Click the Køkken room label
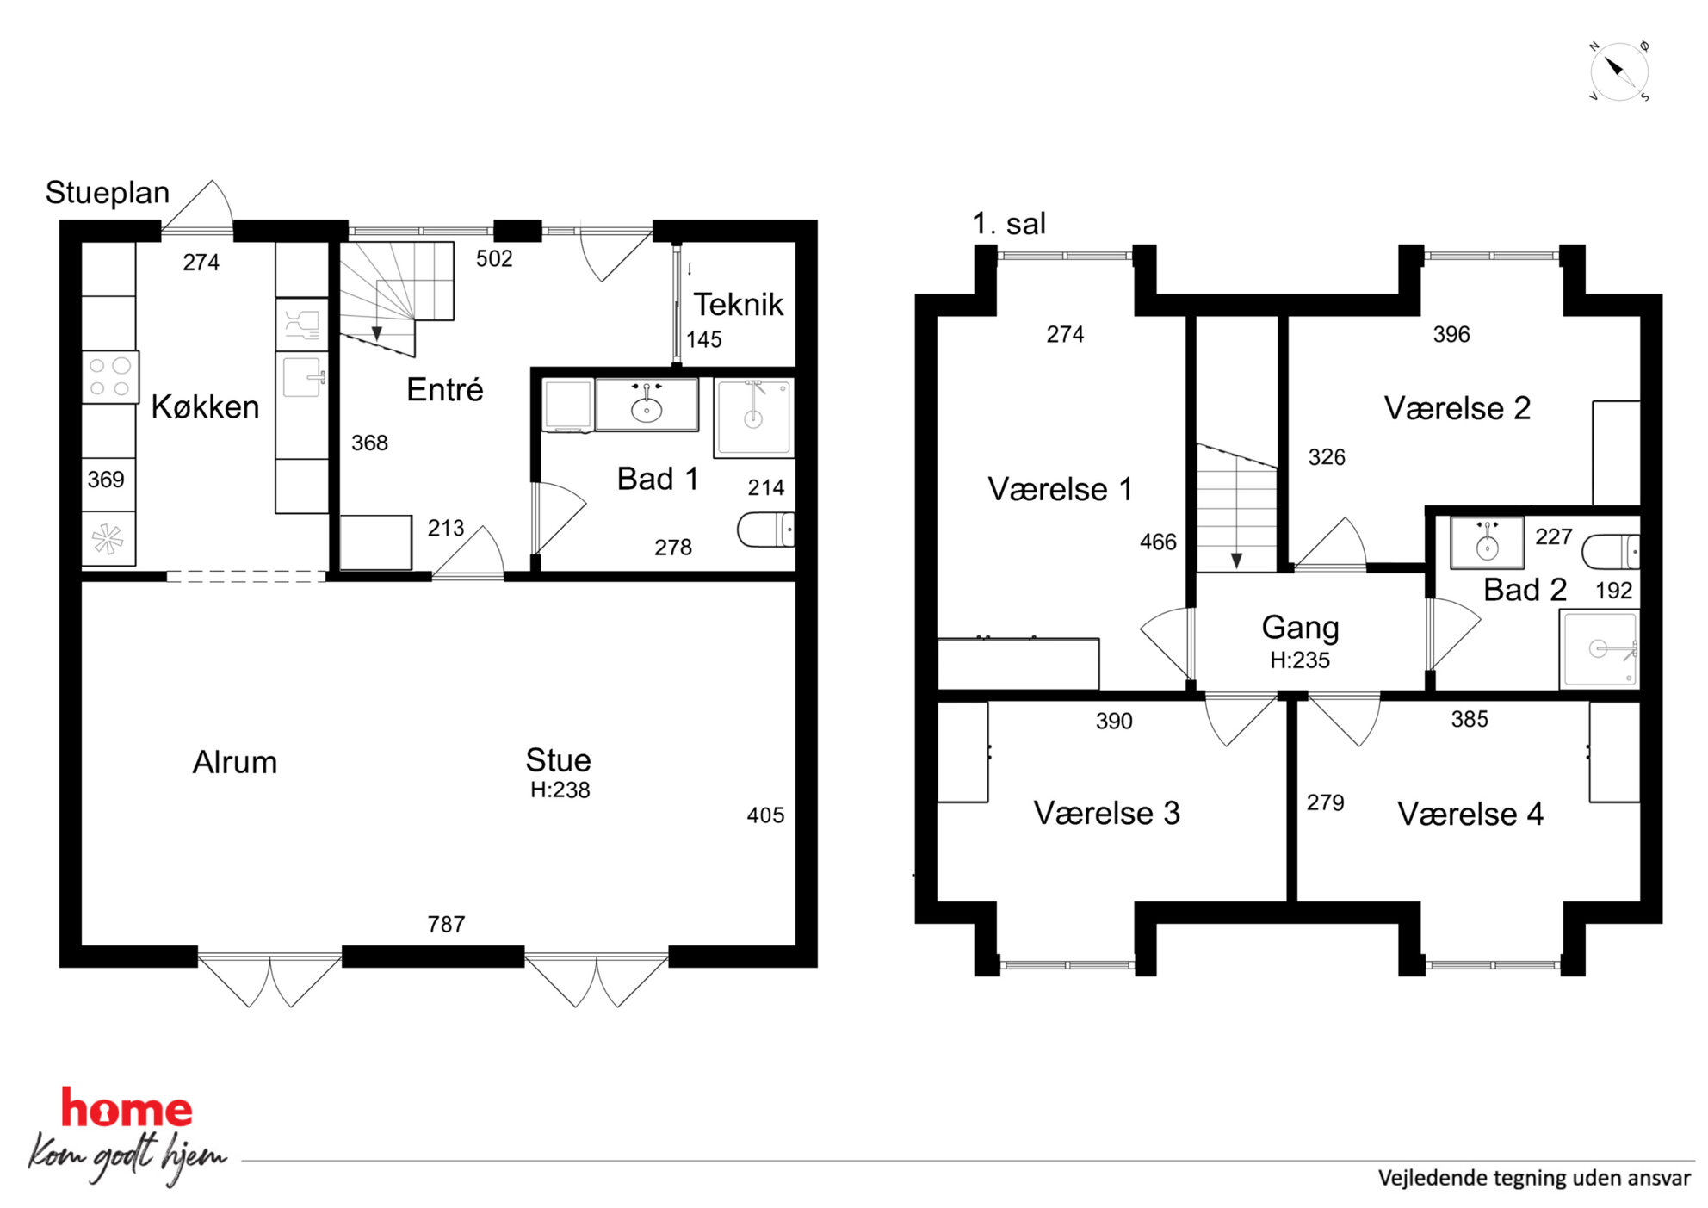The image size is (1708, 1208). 205,406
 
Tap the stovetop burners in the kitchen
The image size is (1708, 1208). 109,377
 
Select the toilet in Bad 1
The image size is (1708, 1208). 765,530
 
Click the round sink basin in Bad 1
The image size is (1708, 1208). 647,409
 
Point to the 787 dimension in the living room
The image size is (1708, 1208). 446,924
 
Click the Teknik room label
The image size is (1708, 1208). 739,304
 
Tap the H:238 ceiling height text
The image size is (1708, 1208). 560,790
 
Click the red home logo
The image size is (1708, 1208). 127,1109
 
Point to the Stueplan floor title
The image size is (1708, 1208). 108,193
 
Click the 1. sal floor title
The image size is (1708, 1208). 1009,224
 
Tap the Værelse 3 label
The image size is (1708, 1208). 1106,813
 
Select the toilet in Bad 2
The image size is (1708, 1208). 1611,552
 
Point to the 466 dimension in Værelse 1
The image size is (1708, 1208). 1158,542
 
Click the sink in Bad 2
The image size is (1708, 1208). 1487,542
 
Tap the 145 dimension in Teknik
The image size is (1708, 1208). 703,339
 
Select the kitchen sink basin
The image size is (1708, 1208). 302,377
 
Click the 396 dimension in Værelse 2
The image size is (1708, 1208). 1451,334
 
